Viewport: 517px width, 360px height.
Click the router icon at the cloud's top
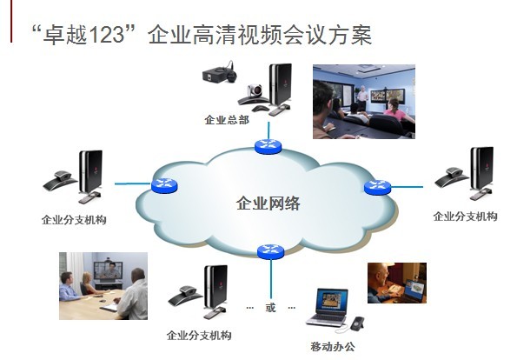click(x=268, y=146)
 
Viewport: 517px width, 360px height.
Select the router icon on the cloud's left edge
click(x=164, y=185)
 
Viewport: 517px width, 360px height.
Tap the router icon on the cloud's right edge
click(x=377, y=188)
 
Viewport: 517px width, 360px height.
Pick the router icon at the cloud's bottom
click(x=271, y=252)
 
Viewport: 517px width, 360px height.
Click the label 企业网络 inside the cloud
click(x=268, y=203)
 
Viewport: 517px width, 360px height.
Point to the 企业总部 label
click(x=227, y=119)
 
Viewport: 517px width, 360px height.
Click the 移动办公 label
click(x=333, y=346)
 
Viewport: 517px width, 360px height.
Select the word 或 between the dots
click(x=270, y=308)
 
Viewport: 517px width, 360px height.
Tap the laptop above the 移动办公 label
click(x=328, y=308)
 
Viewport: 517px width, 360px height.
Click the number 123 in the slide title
click(x=106, y=34)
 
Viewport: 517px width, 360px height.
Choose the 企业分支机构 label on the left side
click(x=74, y=220)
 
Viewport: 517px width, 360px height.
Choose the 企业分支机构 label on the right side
click(x=465, y=217)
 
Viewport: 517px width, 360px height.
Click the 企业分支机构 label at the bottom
click(x=199, y=336)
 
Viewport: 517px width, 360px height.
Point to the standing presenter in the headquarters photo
click(x=362, y=98)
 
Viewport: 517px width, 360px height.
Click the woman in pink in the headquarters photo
click(x=396, y=111)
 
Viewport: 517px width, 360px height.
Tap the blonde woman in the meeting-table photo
click(x=88, y=283)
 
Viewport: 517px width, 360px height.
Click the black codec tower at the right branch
click(x=481, y=169)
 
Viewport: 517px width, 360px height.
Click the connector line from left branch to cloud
click(x=133, y=183)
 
